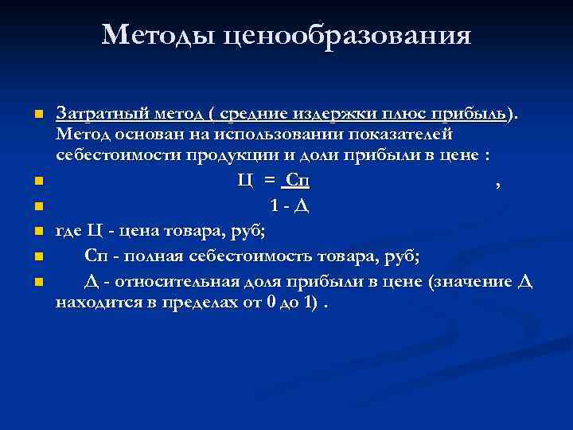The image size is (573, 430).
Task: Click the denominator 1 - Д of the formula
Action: (x=289, y=206)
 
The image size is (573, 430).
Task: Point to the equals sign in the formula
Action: (x=270, y=181)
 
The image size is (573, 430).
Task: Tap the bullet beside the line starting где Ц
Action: (x=37, y=233)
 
